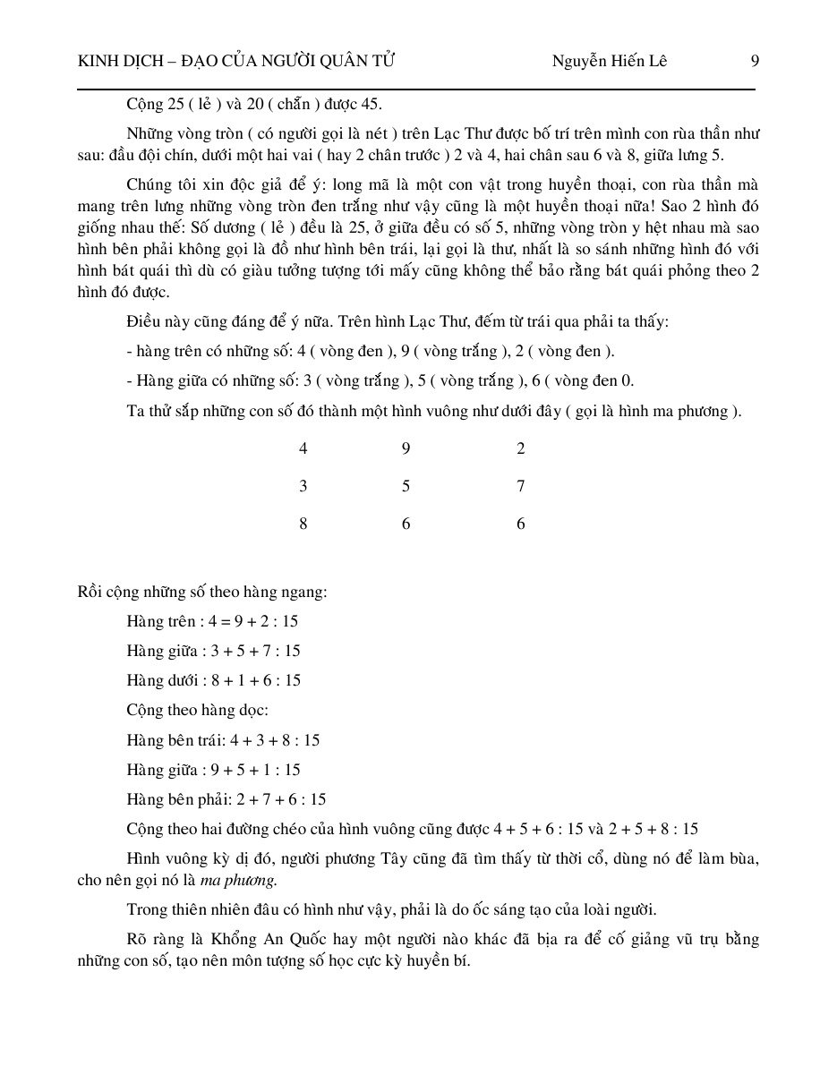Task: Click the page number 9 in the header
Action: point(755,62)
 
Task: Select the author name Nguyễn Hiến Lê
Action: point(609,62)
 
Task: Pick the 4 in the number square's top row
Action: point(303,449)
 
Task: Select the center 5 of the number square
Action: point(406,487)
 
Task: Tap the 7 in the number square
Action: point(521,487)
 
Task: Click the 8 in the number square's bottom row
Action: point(303,524)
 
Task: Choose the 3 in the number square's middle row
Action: point(303,487)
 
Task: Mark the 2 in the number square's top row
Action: point(521,449)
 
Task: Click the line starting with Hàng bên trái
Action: point(223,740)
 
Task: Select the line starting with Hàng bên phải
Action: point(226,799)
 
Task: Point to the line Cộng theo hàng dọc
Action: point(197,711)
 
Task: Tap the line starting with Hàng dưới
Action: point(214,680)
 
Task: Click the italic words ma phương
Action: point(238,880)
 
